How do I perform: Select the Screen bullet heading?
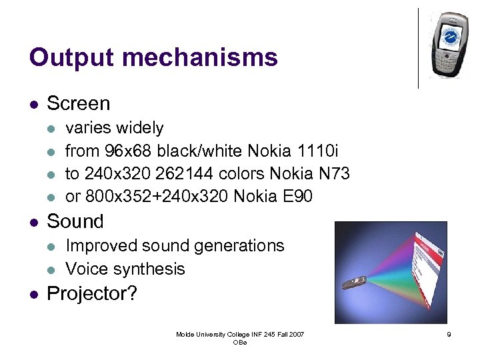(79, 103)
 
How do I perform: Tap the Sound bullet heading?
(75, 221)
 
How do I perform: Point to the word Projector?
(92, 293)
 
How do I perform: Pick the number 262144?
(185, 174)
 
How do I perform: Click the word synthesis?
(152, 269)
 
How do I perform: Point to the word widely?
(140, 127)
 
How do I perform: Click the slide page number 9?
(449, 335)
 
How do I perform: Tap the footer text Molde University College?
(220, 334)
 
